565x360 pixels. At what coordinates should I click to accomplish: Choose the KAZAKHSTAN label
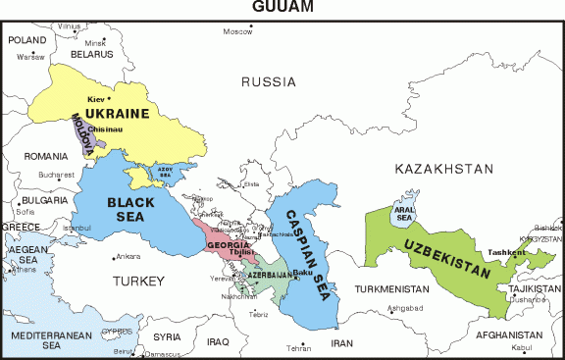tap(444, 170)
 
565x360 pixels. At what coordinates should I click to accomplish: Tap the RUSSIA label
tap(268, 81)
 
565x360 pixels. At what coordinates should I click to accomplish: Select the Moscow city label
tap(237, 32)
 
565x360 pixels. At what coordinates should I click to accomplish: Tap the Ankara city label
tap(128, 257)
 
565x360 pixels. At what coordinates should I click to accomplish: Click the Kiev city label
tap(95, 99)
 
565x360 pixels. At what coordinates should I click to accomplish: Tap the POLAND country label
tap(27, 39)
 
